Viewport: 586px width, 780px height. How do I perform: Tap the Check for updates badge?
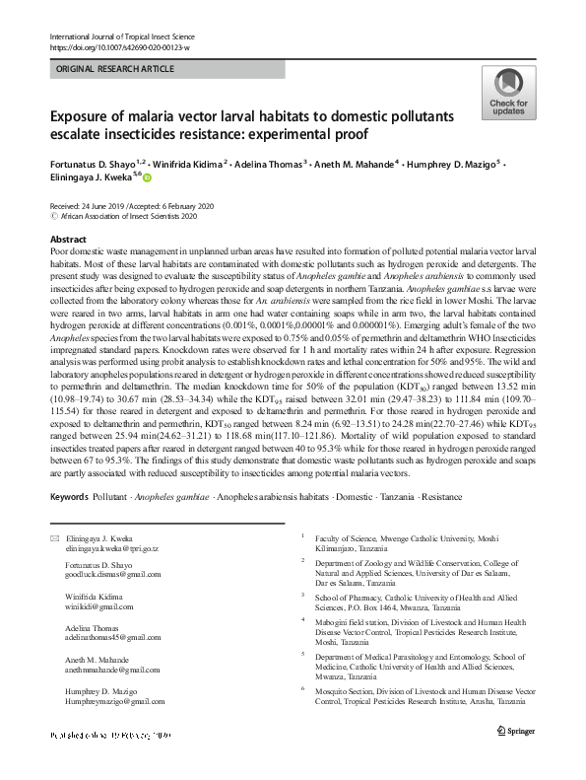coord(508,93)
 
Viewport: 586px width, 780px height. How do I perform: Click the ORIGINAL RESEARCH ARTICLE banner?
coord(115,70)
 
